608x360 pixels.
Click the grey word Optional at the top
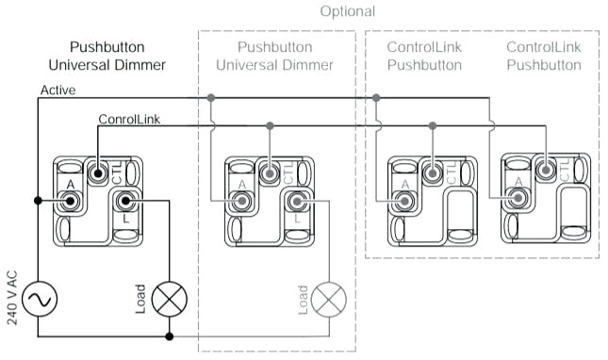tap(347, 11)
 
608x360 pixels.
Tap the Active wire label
tap(58, 90)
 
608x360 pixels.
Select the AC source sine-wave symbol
tap(39, 301)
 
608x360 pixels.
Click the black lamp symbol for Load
tap(170, 301)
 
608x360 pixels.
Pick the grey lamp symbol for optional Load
tap(330, 301)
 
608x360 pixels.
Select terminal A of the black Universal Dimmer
tap(68, 201)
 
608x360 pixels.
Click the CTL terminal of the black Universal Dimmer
tap(98, 173)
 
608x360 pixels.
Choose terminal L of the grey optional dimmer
tap(298, 201)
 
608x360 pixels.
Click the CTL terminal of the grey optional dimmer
tap(270, 173)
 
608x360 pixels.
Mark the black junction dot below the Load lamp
tap(170, 335)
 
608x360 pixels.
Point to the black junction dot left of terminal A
tap(39, 201)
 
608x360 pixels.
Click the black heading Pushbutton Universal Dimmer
tap(107, 56)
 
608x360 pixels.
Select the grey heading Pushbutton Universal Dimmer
tap(274, 56)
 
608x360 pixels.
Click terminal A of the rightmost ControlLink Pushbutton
tap(516, 198)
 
